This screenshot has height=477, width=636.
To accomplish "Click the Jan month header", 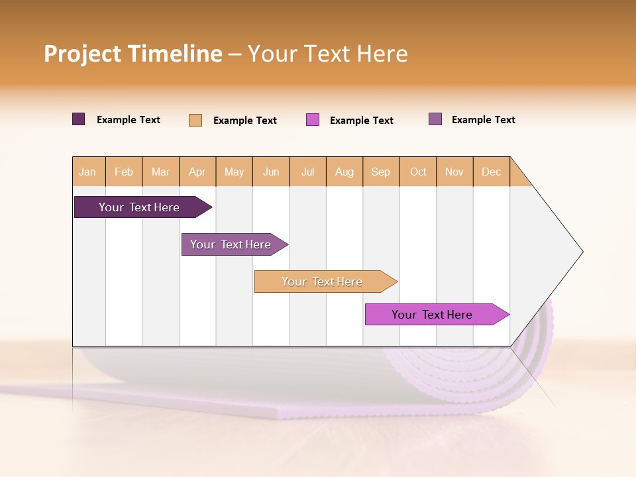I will pyautogui.click(x=88, y=172).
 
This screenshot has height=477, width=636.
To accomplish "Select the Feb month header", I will pyautogui.click(x=124, y=172).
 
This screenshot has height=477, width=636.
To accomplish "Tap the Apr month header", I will pyautogui.click(x=197, y=172).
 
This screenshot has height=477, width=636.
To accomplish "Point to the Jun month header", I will pyautogui.click(x=271, y=172).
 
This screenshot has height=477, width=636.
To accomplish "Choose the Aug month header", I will pyautogui.click(x=344, y=172).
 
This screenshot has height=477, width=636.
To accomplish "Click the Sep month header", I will pyautogui.click(x=381, y=172).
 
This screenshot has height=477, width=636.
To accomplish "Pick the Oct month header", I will pyautogui.click(x=418, y=172).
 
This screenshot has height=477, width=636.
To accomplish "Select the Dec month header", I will pyautogui.click(x=492, y=172).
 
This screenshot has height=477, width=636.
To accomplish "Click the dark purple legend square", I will pyautogui.click(x=79, y=119).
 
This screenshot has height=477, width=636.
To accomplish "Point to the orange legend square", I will pyautogui.click(x=195, y=120).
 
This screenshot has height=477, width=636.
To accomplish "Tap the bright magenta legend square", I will pyautogui.click(x=313, y=120).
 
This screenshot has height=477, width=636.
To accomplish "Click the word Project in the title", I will pyautogui.click(x=83, y=54).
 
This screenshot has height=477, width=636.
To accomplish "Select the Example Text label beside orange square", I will pyautogui.click(x=244, y=121).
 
